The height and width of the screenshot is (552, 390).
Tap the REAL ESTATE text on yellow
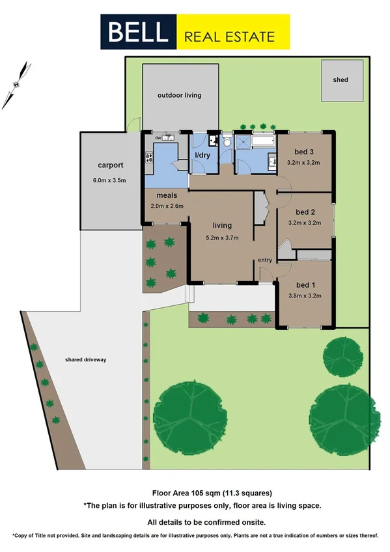pyautogui.click(x=230, y=36)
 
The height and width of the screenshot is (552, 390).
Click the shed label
pyautogui.click(x=340, y=80)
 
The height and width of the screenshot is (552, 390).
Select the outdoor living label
pyautogui.click(x=179, y=95)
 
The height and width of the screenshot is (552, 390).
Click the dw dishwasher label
pyautogui.click(x=158, y=137)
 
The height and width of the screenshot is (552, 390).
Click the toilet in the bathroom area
pyautogui.click(x=227, y=141)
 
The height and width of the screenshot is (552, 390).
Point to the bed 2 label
pyautogui.click(x=305, y=212)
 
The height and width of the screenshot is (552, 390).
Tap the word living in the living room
pyautogui.click(x=222, y=226)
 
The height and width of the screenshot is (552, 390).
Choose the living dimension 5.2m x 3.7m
pyautogui.click(x=222, y=237)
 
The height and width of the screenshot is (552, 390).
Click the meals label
pyautogui.click(x=167, y=195)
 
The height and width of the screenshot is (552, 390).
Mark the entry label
pyautogui.click(x=265, y=260)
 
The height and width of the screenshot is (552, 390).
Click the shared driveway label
pyautogui.click(x=85, y=359)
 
